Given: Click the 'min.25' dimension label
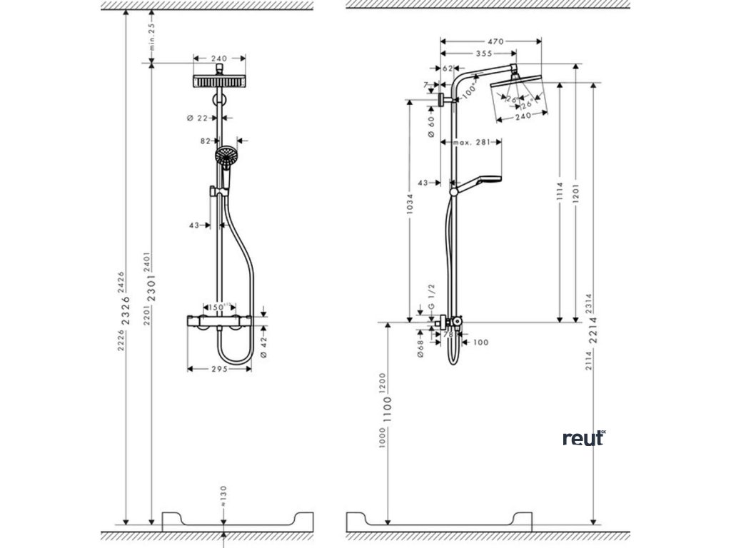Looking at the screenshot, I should click(151, 36).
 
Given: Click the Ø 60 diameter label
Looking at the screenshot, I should click(431, 127).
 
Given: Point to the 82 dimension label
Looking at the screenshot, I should click(206, 141).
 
